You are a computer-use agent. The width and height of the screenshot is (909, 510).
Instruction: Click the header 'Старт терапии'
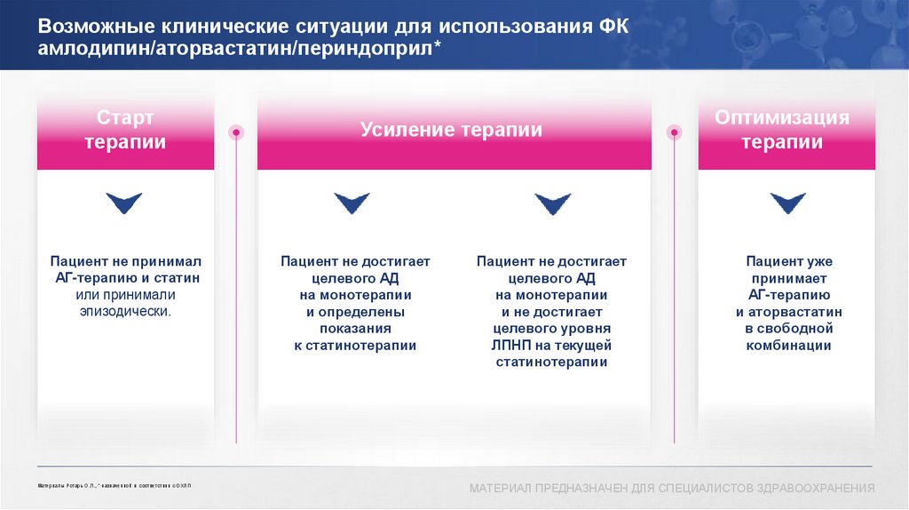coord(125,130)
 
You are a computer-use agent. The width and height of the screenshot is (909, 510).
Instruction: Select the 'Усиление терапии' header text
coord(451,130)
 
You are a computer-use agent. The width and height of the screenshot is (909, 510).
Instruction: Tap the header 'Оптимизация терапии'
coord(782,130)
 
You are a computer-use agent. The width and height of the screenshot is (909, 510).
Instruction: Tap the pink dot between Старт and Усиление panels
coord(236,132)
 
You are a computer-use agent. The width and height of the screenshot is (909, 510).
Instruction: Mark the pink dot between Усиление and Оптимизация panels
coord(675,132)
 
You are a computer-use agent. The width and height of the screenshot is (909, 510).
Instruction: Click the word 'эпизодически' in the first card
coord(125,312)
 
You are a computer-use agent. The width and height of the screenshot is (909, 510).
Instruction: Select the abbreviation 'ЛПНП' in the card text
coord(520,346)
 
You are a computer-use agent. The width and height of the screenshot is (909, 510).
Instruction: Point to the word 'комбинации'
coord(788,346)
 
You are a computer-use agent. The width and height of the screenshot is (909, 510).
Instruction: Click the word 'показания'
coord(355,329)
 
